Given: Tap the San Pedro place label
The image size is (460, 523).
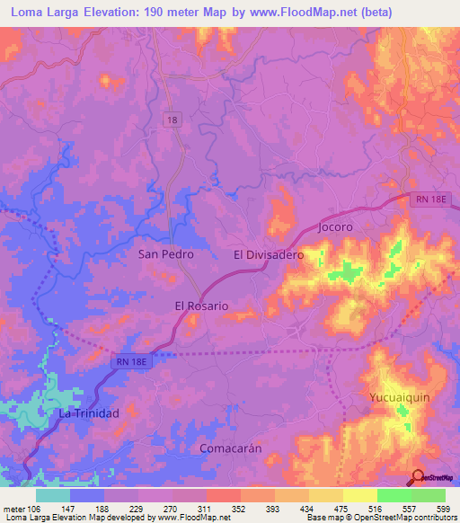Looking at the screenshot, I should [x=165, y=254].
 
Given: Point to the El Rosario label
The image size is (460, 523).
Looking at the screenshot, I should [x=201, y=306].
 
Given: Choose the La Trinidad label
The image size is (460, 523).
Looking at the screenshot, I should [x=89, y=413].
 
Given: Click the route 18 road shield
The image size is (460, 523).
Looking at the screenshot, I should [x=172, y=120].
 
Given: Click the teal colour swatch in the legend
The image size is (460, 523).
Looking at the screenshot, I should [x=53, y=495].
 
